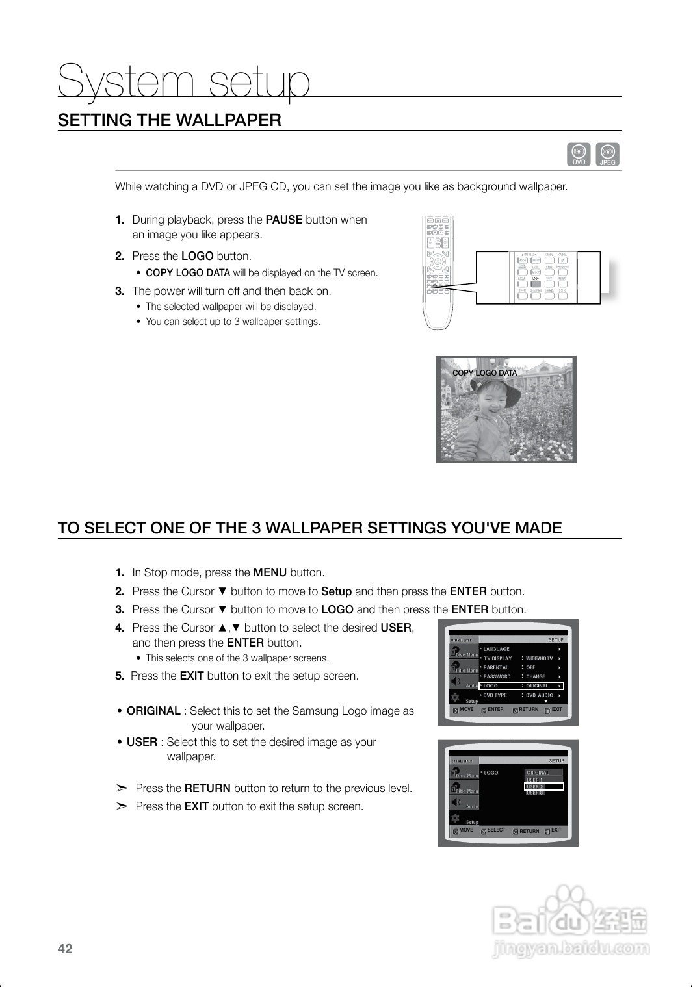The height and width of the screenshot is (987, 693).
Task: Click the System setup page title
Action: pyautogui.click(x=184, y=83)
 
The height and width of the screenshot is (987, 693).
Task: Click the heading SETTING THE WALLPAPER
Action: pyautogui.click(x=170, y=120)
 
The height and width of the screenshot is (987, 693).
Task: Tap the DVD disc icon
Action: pyautogui.click(x=579, y=154)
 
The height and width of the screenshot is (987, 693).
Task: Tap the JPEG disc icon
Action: pyautogui.click(x=607, y=154)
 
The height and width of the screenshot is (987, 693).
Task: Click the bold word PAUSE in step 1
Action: pyautogui.click(x=283, y=220)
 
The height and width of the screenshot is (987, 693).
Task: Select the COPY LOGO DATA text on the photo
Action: pyautogui.click(x=484, y=373)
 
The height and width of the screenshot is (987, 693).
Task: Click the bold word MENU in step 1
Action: pyautogui.click(x=270, y=572)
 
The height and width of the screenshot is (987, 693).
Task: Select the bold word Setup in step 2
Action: pyautogui.click(x=336, y=591)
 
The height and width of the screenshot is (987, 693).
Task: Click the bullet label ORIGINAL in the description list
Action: pyautogui.click(x=153, y=711)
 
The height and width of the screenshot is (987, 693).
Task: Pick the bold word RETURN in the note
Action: pyautogui.click(x=207, y=788)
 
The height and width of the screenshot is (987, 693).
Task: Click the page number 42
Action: pyautogui.click(x=65, y=949)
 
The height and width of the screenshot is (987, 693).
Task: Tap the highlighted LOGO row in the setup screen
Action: pyautogui.click(x=521, y=686)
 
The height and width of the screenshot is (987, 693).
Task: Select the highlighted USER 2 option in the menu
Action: pyautogui.click(x=543, y=786)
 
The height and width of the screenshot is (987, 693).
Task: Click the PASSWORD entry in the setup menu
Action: pyautogui.click(x=497, y=676)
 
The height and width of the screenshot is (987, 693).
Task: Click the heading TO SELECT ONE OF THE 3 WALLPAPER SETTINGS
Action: pyautogui.click(x=309, y=528)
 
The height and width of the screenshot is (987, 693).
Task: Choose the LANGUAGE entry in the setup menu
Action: pyautogui.click(x=497, y=649)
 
